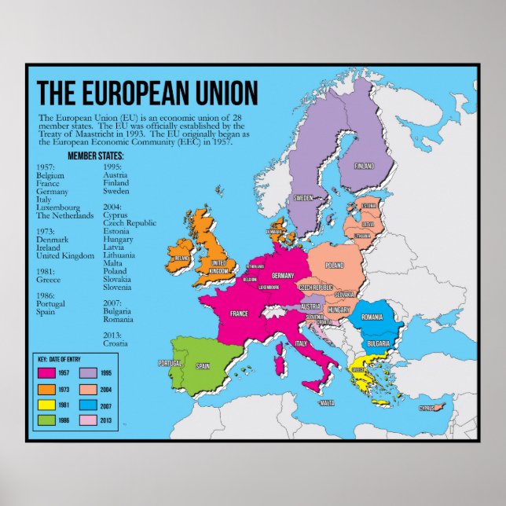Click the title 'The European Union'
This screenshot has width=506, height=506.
coord(148,93)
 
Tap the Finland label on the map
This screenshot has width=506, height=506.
coord(364,167)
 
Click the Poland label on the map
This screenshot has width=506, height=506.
coord(335,266)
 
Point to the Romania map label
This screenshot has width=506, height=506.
coord(372,317)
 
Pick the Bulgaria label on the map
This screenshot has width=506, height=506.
coord(379,343)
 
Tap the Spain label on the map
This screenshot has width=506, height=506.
coord(203,365)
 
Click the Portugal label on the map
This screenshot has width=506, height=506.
coord(170,363)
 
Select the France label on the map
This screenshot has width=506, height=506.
coord(239,313)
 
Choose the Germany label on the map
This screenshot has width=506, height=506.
coord(282,276)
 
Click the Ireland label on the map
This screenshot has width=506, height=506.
coord(182,257)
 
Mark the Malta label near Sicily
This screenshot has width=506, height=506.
coord(327,403)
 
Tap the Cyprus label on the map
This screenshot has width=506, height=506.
coord(427,408)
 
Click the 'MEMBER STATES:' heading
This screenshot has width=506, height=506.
coord(96,156)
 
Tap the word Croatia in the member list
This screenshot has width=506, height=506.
coord(115,343)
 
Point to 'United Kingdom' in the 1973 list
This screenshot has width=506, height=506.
coord(65,255)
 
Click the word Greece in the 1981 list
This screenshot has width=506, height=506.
coord(48,279)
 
